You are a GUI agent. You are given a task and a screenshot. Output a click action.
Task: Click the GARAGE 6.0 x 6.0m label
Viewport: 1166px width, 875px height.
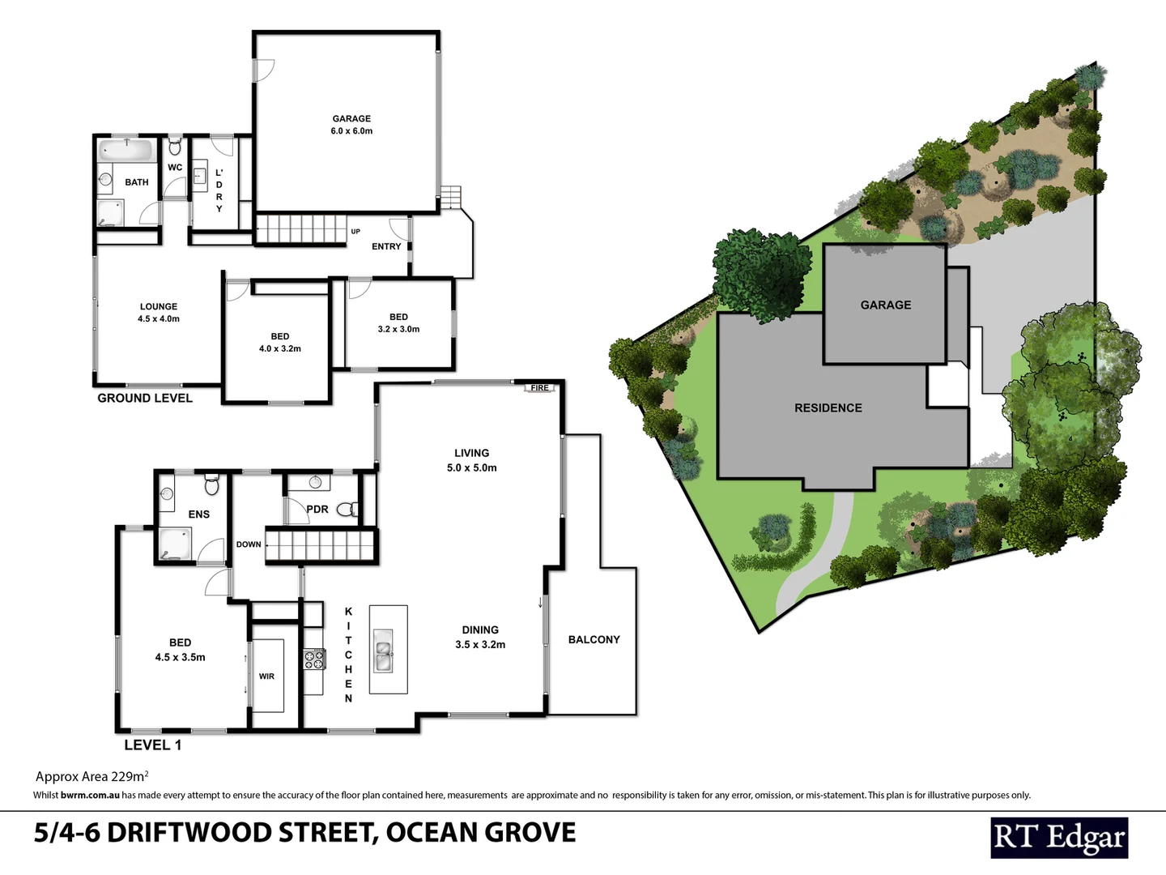click(x=351, y=125)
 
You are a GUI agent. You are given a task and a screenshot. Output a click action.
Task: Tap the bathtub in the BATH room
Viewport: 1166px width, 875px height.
click(x=127, y=151)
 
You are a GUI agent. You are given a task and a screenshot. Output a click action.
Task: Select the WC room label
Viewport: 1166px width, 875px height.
click(x=175, y=168)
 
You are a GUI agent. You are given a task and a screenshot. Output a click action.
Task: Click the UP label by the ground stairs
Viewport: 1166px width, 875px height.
click(x=355, y=232)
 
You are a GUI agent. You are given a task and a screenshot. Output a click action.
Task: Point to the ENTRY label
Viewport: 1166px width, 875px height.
click(x=386, y=246)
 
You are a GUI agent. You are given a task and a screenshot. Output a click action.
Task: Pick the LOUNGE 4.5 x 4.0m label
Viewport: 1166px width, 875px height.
click(x=159, y=313)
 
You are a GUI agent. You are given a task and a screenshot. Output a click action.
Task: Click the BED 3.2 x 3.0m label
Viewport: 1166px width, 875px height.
click(x=398, y=323)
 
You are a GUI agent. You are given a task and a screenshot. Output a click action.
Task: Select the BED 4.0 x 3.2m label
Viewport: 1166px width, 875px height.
click(x=280, y=342)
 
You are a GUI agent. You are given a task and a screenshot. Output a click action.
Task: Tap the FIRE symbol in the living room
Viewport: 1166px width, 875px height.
click(x=539, y=388)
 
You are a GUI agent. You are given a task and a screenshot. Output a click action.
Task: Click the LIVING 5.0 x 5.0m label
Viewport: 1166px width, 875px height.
click(x=472, y=460)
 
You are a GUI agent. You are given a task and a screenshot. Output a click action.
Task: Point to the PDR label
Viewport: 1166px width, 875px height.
click(x=317, y=510)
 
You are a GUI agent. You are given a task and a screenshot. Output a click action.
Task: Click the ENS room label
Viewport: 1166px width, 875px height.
click(x=199, y=514)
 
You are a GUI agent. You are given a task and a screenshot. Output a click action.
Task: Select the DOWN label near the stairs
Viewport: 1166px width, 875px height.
click(x=249, y=544)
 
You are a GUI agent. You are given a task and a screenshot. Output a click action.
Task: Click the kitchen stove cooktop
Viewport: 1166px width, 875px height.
click(x=314, y=659)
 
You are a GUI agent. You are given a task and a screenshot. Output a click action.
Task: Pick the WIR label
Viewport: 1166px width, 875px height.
click(x=266, y=677)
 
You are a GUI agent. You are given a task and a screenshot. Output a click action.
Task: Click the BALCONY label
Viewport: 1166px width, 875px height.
click(x=594, y=640)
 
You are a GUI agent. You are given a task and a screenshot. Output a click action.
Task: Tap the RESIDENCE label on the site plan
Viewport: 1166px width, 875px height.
click(x=828, y=408)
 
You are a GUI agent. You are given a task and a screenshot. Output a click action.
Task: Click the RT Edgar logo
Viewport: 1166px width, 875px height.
click(x=1059, y=838)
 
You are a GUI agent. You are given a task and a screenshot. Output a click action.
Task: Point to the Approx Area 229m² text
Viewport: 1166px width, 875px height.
click(x=91, y=776)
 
